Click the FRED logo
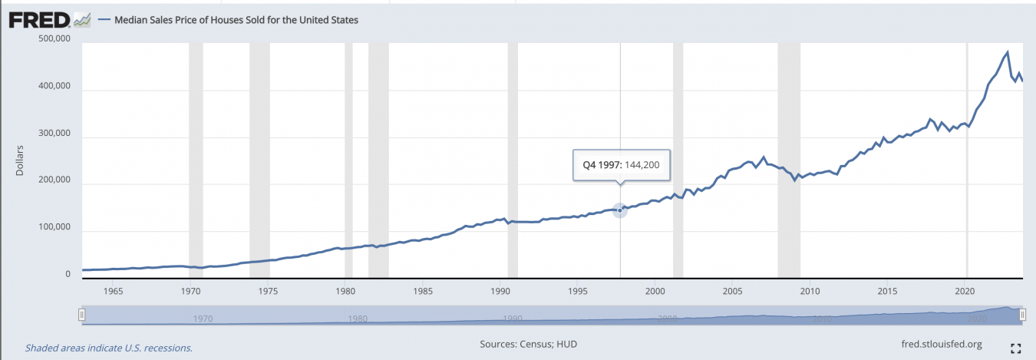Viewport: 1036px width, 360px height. [41, 20]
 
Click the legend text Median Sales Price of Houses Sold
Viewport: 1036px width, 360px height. [236, 21]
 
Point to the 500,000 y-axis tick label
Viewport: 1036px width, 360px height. [54, 39]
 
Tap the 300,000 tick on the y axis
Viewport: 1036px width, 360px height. [54, 134]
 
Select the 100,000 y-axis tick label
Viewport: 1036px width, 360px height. [54, 228]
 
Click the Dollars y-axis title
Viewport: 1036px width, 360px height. [20, 159]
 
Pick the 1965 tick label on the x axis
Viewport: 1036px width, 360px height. [113, 291]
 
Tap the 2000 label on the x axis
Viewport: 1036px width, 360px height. [655, 291]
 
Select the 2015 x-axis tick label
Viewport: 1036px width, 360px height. [887, 291]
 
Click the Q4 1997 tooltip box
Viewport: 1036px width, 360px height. [622, 164]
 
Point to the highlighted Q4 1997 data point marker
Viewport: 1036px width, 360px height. [620, 210]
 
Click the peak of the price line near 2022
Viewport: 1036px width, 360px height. [1007, 52]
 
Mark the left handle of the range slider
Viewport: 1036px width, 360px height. [81, 315]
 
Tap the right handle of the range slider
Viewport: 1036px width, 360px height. [1022, 315]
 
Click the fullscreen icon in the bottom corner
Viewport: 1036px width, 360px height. [1016, 348]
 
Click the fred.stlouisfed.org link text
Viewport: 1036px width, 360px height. [943, 345]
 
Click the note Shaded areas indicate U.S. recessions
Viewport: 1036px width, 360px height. [109, 348]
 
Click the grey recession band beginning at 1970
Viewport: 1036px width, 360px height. [196, 154]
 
